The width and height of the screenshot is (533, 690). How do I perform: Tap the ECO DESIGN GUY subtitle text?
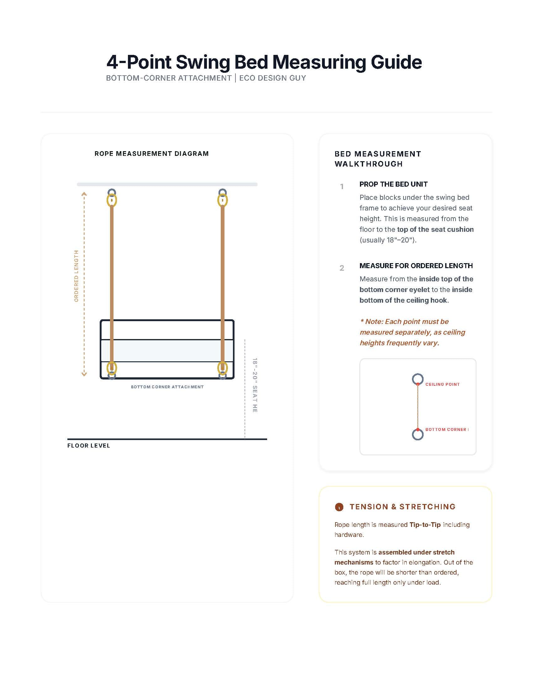272,78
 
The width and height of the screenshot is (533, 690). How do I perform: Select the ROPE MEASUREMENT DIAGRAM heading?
151,154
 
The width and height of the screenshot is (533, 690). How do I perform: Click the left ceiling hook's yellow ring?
112,200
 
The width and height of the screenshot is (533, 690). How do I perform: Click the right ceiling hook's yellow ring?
223,200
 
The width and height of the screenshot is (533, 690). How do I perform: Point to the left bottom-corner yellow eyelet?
112,368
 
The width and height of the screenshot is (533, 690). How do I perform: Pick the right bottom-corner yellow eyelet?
223,368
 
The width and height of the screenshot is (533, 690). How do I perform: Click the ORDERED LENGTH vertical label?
76,276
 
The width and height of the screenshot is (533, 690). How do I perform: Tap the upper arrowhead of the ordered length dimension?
84,194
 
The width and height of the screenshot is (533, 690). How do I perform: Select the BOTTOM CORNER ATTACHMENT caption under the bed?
167,387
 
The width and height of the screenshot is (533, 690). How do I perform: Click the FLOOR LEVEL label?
88,445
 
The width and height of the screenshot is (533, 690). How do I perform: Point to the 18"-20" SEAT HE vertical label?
255,385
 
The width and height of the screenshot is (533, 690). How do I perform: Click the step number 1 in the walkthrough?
342,186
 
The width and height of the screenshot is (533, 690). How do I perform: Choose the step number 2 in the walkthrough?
342,268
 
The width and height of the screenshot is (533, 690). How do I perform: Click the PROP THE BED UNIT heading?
393,184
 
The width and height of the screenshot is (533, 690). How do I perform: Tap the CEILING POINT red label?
442,384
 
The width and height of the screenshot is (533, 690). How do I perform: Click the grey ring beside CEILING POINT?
417,379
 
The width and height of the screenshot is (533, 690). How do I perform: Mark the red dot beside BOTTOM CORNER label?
418,429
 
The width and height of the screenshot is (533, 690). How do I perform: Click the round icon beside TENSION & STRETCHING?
339,507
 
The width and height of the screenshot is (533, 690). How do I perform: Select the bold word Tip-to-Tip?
425,524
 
